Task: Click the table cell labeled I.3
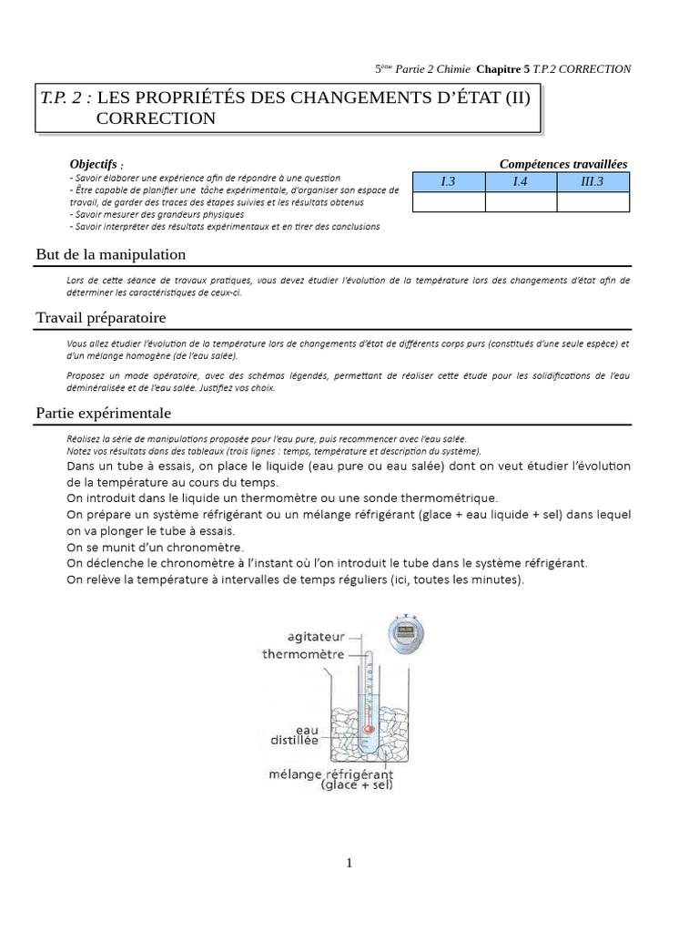pyautogui.click(x=448, y=182)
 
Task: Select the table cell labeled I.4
pyautogui.click(x=520, y=182)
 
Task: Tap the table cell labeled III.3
pyautogui.click(x=592, y=182)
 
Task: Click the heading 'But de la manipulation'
pyautogui.click(x=111, y=254)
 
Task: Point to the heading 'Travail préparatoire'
pyautogui.click(x=101, y=317)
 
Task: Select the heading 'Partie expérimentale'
pyautogui.click(x=104, y=413)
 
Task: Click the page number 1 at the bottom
pyautogui.click(x=349, y=864)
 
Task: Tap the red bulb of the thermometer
pyautogui.click(x=369, y=729)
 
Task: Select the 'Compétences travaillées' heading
pyautogui.click(x=562, y=164)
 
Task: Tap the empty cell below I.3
pyautogui.click(x=448, y=202)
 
